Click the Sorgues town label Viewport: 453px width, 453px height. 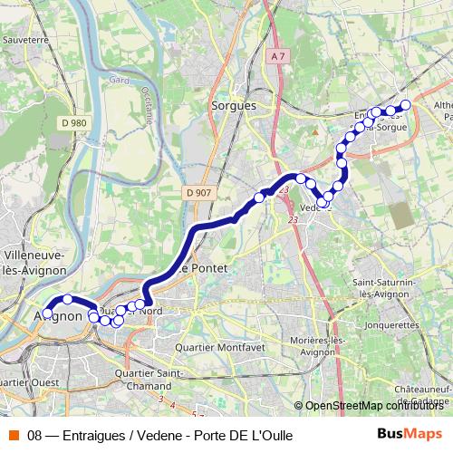[x=234, y=105]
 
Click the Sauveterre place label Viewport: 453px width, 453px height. [x=24, y=40]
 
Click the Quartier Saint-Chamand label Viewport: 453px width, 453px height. [x=155, y=378]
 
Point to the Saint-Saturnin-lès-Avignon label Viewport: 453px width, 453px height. [x=390, y=288]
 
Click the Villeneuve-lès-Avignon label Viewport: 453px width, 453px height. [x=34, y=263]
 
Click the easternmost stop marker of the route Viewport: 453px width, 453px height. [x=406, y=105]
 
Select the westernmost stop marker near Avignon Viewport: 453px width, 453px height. [x=48, y=313]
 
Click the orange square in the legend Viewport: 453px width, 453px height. [x=14, y=435]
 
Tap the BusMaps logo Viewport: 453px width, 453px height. [x=409, y=434]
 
